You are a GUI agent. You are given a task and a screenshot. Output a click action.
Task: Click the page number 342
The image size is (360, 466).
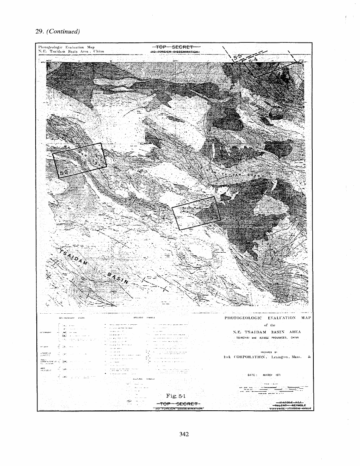click(x=184, y=434)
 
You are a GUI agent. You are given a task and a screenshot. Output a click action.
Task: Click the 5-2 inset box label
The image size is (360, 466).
click(x=64, y=173)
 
